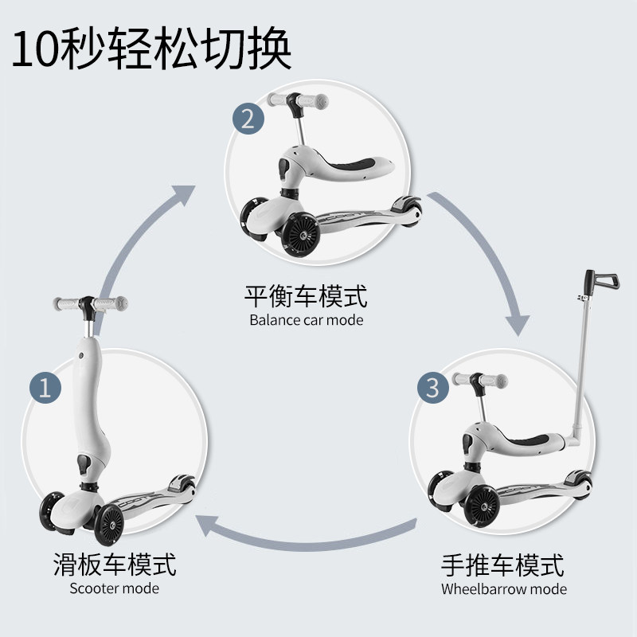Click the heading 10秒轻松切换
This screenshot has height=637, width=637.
coord(151,49)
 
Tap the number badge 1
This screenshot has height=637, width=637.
coord(45,388)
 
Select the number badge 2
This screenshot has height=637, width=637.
coord(248,119)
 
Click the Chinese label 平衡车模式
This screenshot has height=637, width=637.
coord(306,297)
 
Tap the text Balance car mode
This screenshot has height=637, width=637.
coord(306,320)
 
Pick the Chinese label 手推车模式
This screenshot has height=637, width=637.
coord(503,565)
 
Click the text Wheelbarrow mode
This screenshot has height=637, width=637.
coord(503,589)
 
